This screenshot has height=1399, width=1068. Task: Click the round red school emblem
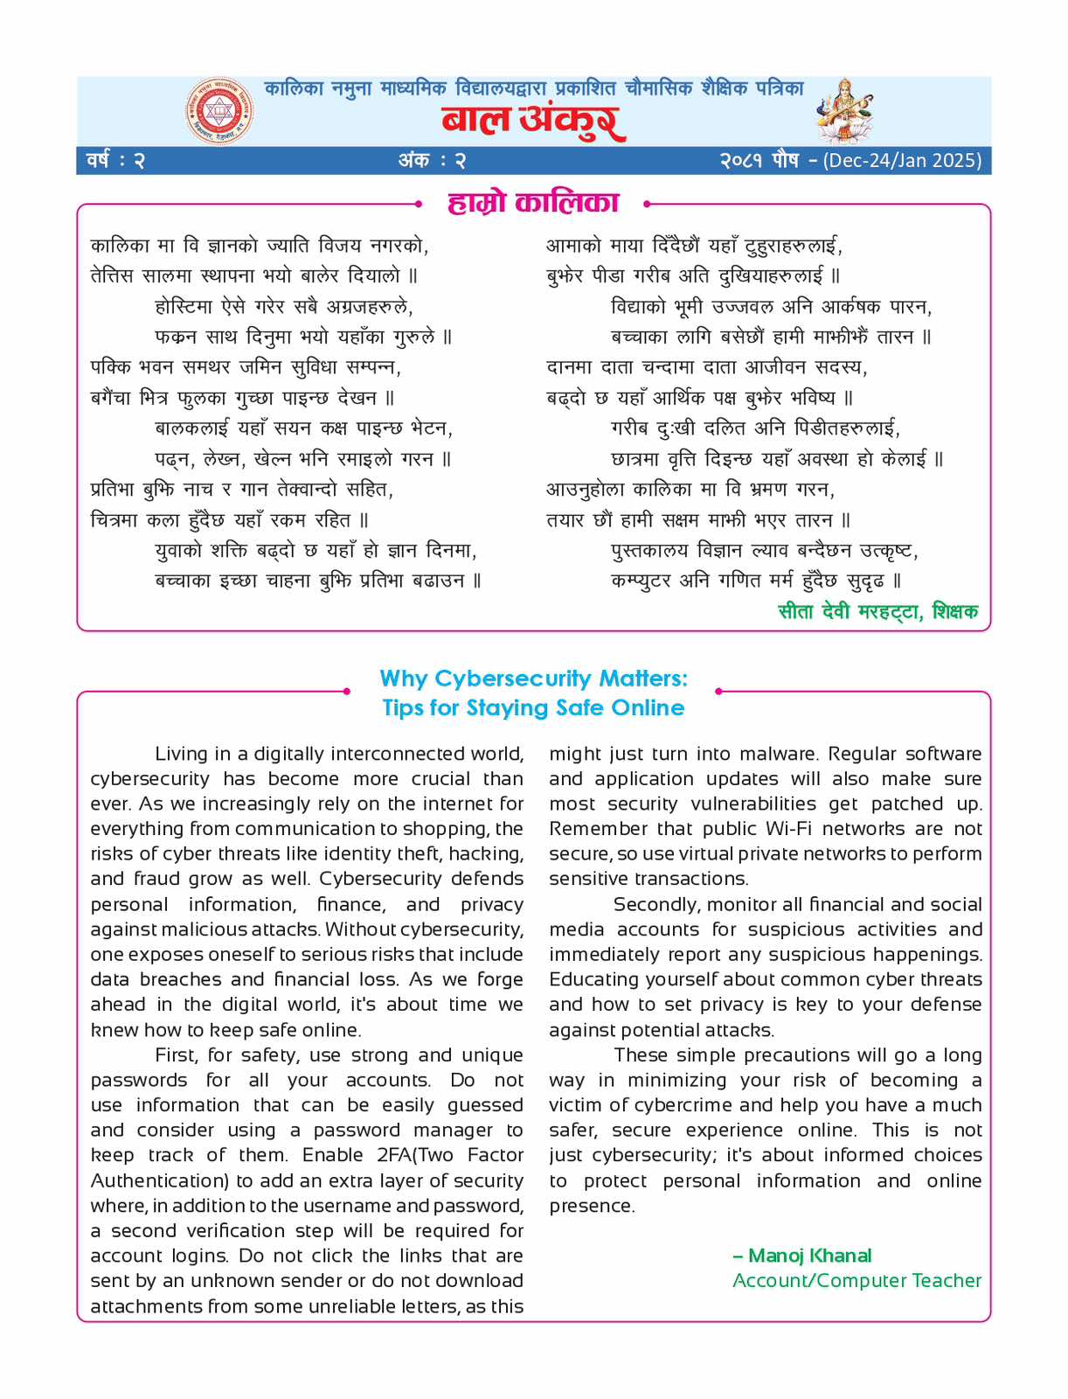point(219,111)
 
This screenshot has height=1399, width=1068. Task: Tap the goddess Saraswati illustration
point(844,110)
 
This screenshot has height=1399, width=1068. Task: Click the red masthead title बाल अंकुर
point(533,121)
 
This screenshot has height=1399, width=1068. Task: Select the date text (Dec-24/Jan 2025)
point(902,161)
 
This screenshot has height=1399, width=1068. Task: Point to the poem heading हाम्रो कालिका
point(533,203)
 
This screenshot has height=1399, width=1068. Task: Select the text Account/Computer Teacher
point(856,1280)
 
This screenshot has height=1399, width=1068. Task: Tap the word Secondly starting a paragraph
point(656,904)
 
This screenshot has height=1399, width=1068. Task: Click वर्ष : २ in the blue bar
point(115,161)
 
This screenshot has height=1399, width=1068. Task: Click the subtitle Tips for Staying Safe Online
point(533,707)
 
